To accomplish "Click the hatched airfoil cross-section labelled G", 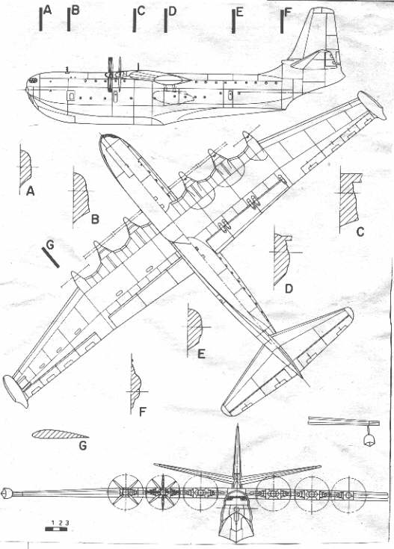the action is point(59,435).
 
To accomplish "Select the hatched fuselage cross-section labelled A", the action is point(25,168).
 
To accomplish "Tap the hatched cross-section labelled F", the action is point(135,385).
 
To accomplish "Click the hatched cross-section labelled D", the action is point(281,258).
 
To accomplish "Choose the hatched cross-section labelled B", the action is point(80,198).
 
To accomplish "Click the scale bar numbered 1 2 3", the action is point(56,529).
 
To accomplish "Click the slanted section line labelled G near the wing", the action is point(51,258).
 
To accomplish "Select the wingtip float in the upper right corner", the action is point(372,106).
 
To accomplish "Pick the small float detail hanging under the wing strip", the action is point(368,438).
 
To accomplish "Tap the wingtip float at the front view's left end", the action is point(7,493).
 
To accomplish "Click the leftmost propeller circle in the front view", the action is point(126,492).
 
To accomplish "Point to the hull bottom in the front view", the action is point(237,527).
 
